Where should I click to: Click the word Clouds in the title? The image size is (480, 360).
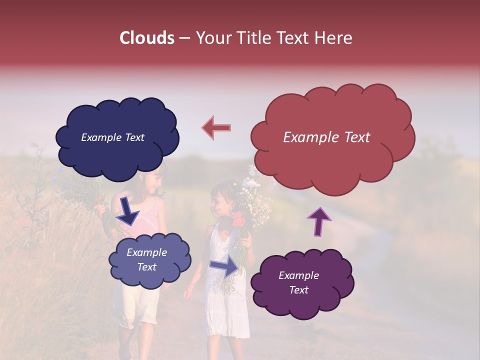tap(147, 38)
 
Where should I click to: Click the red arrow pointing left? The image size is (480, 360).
tap(216, 128)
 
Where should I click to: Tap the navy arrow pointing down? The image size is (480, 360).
tap(128, 211)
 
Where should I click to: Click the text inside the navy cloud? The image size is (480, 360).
tap(112, 137)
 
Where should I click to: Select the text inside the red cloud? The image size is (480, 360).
tap(326, 137)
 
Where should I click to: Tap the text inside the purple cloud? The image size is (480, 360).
tap(298, 282)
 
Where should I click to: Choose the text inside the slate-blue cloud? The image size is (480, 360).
tap(146, 259)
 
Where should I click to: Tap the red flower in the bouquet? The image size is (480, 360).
tap(239, 219)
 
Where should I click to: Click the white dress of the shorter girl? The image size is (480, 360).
tap(227, 305)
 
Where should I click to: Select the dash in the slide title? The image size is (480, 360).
tap(184, 38)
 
